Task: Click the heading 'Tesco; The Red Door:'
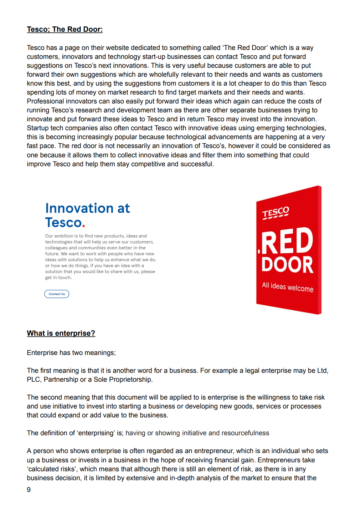point(65,29)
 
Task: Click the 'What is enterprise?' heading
point(61,333)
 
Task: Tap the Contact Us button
point(57,294)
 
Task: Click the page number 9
point(29,489)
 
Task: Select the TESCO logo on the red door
point(276,213)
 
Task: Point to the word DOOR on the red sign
point(287,264)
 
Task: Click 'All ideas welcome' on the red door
point(288,286)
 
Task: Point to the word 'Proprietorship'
point(130,380)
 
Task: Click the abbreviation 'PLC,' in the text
point(34,380)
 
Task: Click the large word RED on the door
point(287,241)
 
